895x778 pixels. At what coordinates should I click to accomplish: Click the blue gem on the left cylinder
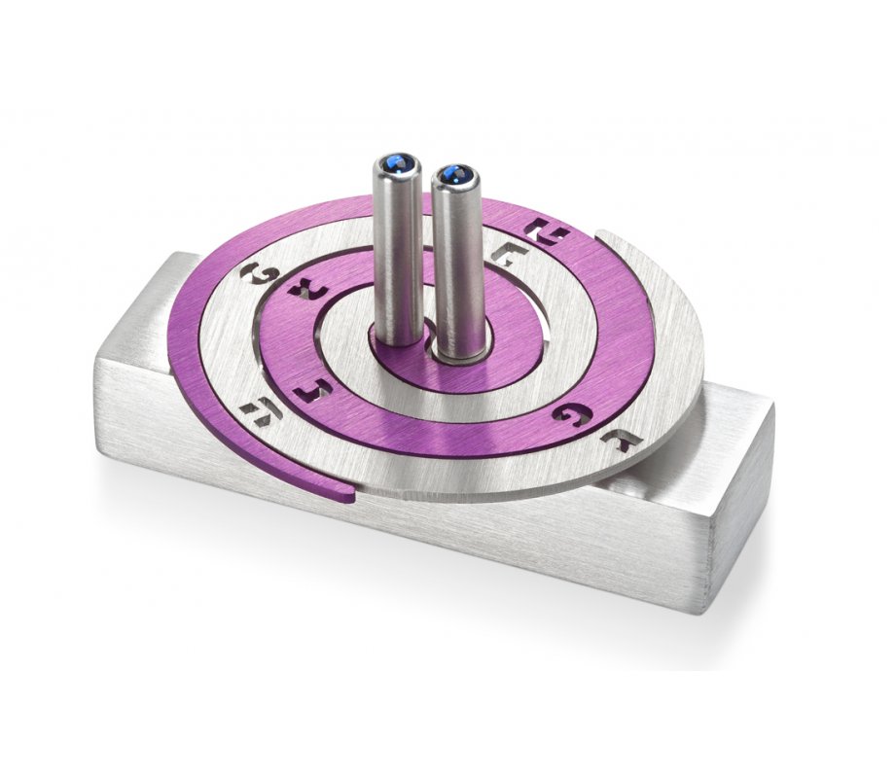(397, 162)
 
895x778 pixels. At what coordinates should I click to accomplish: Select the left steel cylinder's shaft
(398, 253)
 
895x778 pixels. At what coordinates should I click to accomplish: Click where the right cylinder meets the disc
(456, 355)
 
